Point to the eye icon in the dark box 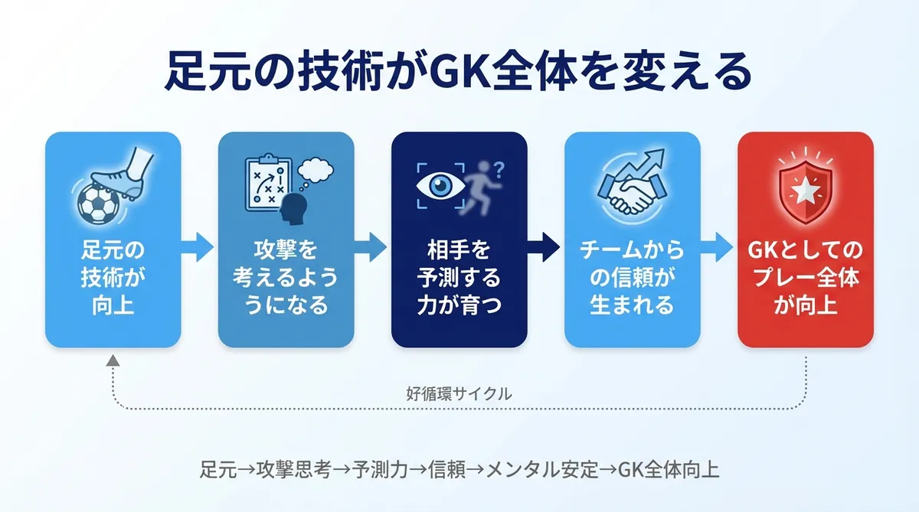[438, 186]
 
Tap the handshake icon [630, 197]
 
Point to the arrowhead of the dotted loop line [113, 360]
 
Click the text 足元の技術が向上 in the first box [113, 278]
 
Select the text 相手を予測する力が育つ [459, 278]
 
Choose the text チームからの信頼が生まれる [632, 278]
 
